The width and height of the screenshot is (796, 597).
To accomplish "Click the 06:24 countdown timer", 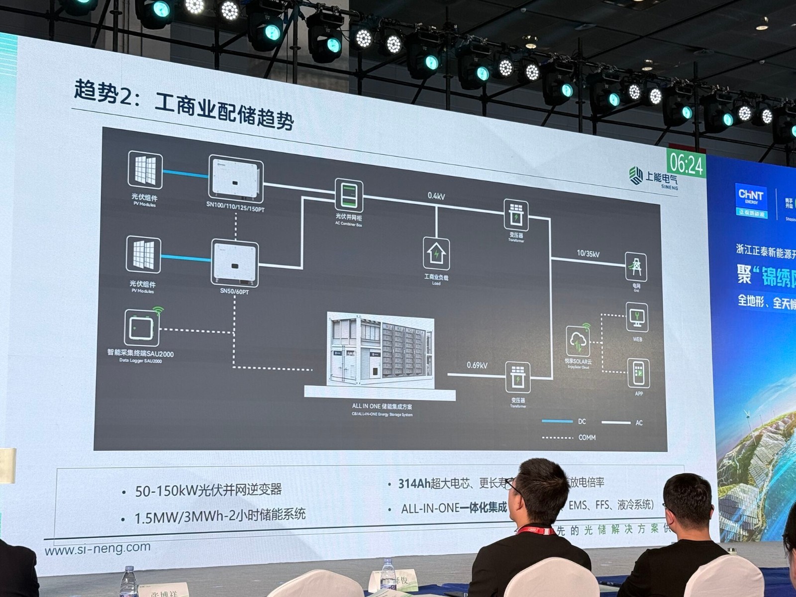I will tap(687, 164).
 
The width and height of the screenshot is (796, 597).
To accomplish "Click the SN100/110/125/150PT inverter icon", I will tap(235, 179).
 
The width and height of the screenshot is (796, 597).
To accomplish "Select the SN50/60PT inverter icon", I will tap(235, 263).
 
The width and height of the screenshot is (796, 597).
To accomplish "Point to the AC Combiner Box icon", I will tap(349, 196).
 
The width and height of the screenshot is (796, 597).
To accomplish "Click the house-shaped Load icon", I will tap(436, 254).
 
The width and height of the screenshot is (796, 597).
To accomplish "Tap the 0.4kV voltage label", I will tap(436, 196).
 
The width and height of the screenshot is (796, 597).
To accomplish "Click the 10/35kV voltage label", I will tap(588, 254).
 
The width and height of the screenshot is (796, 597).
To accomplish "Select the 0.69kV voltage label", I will tap(477, 365).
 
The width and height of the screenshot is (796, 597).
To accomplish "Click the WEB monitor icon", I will tap(637, 317).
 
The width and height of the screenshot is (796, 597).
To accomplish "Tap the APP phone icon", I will tap(639, 373).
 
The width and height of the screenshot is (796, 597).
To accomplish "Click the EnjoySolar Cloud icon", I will tap(578, 341).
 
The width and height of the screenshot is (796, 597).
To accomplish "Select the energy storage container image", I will tap(381, 351).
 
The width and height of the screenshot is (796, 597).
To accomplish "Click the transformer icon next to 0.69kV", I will tap(517, 377).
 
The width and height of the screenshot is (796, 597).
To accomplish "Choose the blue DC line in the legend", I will tap(557, 422).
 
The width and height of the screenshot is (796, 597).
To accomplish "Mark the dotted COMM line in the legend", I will tap(557, 438).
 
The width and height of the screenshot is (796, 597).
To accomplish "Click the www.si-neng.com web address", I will tap(98, 549).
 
